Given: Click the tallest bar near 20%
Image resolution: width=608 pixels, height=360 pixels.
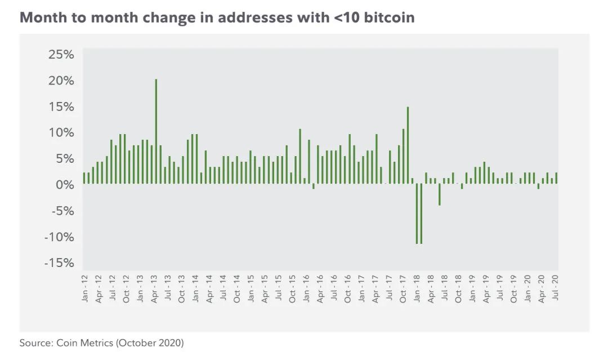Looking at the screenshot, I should [156, 131].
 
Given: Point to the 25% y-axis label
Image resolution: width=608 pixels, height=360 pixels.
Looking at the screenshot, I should [61, 55].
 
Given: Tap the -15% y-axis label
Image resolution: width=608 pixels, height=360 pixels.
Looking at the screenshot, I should [59, 263].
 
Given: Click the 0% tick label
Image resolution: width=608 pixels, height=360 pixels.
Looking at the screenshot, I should [64, 185].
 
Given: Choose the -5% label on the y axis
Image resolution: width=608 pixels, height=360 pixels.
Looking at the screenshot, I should [61, 211].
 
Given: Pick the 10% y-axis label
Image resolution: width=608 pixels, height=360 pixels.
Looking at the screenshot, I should [61, 133].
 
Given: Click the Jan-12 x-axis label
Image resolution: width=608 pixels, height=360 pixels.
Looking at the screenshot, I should [85, 288].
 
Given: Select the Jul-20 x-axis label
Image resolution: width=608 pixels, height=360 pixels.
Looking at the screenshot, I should [556, 288].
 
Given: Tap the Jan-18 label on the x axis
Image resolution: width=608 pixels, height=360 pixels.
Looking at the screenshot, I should [417, 288].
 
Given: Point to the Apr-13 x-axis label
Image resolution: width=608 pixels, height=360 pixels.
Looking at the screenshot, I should [154, 288].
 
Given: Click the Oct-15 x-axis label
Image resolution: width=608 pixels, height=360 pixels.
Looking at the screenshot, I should [293, 288].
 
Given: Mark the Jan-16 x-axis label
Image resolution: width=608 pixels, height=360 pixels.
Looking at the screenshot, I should [306, 288].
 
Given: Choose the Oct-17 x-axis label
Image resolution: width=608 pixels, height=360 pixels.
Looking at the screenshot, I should [403, 288].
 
